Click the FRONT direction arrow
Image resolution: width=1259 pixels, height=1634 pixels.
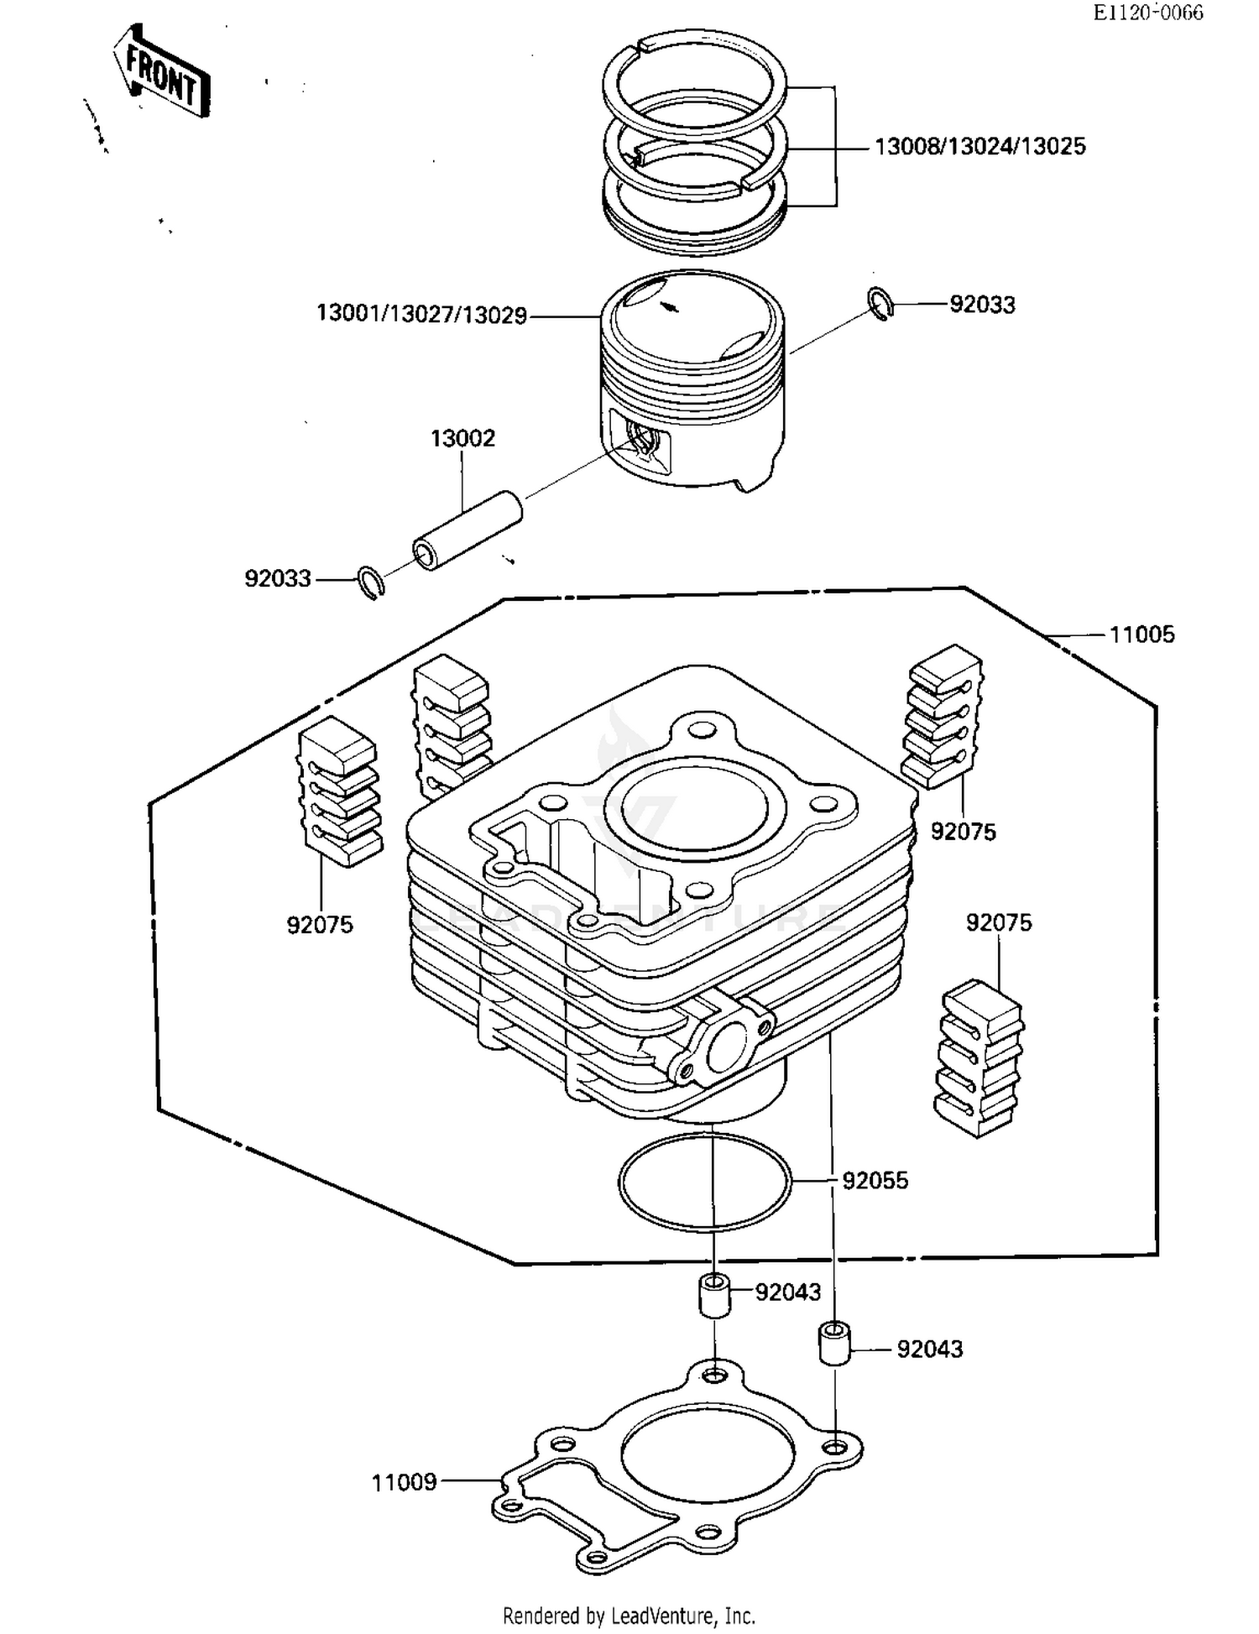pyautogui.click(x=162, y=71)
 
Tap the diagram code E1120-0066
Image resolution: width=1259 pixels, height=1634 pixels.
pyautogui.click(x=1147, y=12)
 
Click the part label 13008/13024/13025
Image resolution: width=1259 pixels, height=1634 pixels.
pyautogui.click(x=980, y=147)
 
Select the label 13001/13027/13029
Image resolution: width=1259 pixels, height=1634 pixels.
pyautogui.click(x=421, y=315)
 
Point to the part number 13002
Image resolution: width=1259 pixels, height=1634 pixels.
pyautogui.click(x=462, y=438)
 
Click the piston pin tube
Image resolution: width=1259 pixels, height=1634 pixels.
pyautogui.click(x=468, y=531)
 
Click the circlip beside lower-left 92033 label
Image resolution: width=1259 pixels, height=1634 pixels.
pyautogui.click(x=370, y=582)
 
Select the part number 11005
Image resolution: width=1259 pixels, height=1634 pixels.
pyautogui.click(x=1141, y=634)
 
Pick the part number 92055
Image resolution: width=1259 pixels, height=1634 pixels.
pyautogui.click(x=875, y=1181)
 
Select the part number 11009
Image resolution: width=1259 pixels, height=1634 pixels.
pyautogui.click(x=404, y=1482)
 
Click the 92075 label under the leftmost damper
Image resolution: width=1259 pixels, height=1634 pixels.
pyautogui.click(x=320, y=925)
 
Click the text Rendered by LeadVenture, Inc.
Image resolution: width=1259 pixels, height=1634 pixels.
pyautogui.click(x=629, y=1615)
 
